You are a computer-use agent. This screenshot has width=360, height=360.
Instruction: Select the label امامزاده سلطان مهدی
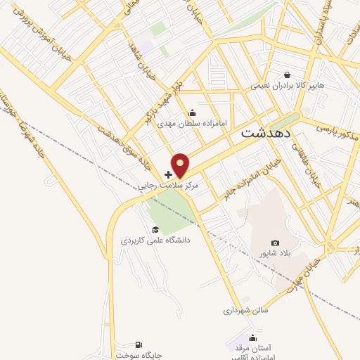pyautogui.click(x=184, y=124)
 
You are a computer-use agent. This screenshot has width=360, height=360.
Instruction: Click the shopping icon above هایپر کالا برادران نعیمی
pyautogui.click(x=287, y=75)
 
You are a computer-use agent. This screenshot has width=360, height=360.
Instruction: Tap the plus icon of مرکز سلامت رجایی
pyautogui.click(x=168, y=174)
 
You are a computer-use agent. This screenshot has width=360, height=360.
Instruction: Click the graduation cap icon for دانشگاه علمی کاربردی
pyautogui.click(x=155, y=229)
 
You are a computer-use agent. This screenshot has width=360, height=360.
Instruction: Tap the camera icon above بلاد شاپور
pyautogui.click(x=275, y=243)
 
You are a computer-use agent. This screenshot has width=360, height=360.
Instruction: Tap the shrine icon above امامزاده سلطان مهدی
pyautogui.click(x=193, y=113)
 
